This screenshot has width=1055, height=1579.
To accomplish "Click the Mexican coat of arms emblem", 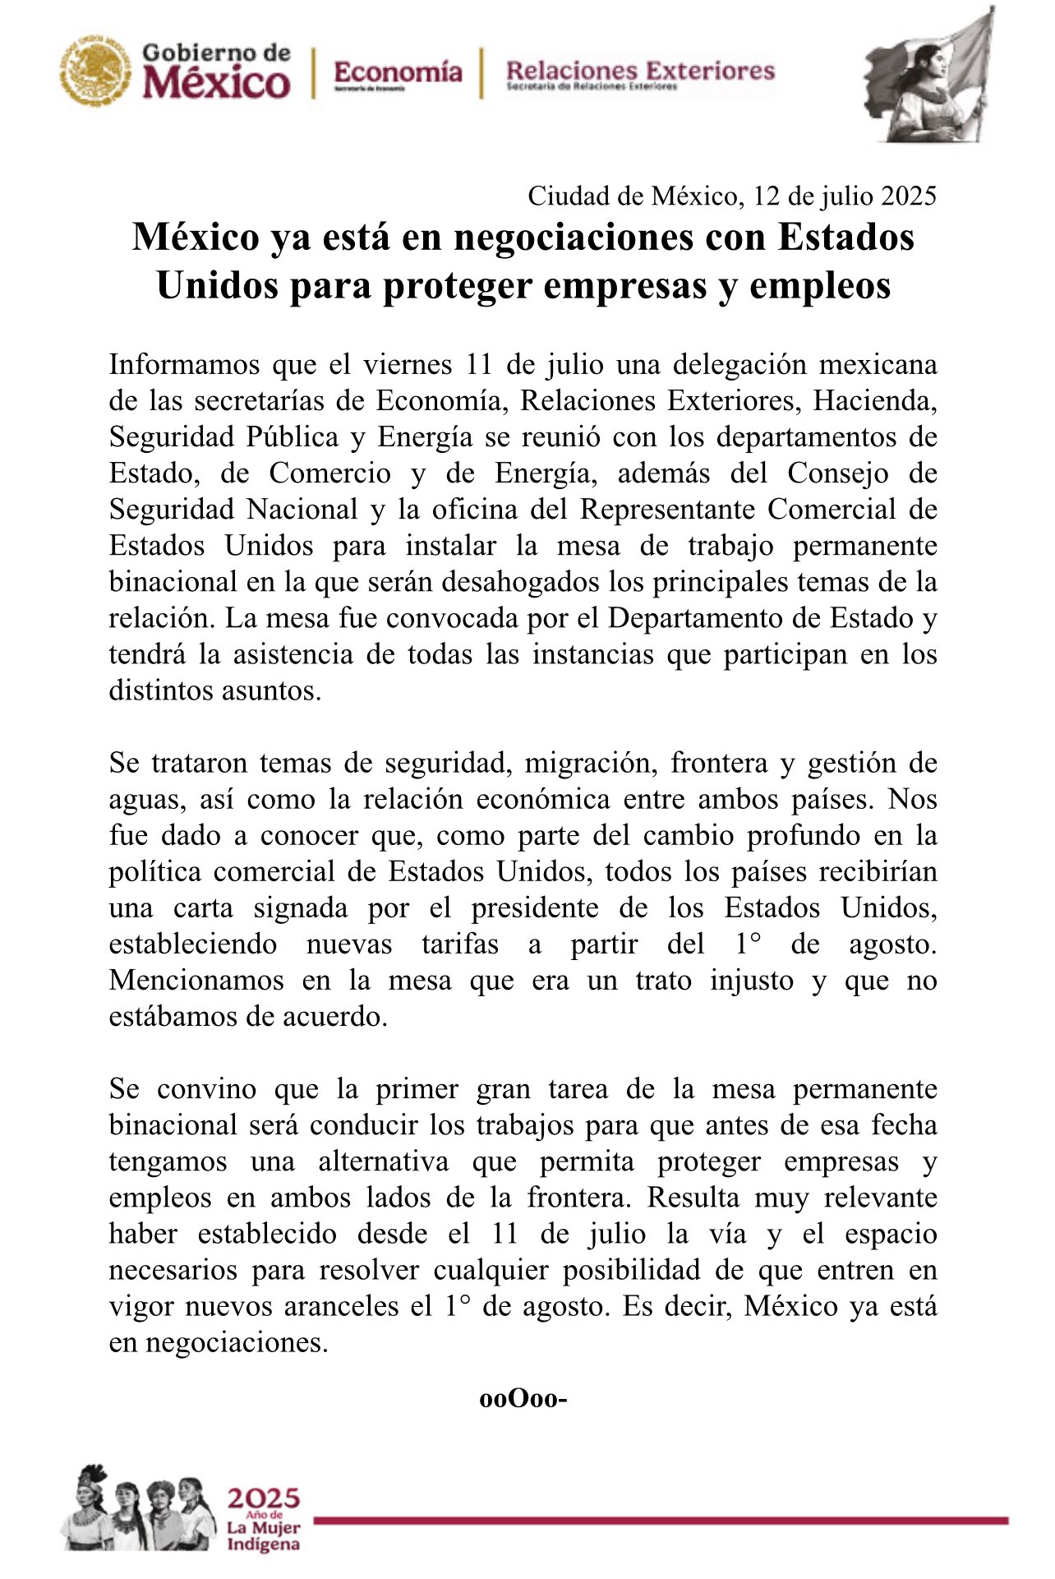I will coord(95,72).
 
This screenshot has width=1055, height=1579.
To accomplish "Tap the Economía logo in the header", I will coord(398,74).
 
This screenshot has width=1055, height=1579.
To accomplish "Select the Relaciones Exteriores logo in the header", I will coord(640,73).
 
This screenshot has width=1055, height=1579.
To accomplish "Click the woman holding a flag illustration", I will coord(928,78).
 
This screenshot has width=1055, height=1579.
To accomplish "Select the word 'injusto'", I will coord(751,980).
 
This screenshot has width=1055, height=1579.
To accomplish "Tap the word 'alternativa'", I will coord(384,1161).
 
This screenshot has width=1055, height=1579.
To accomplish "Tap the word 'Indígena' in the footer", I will coord(263,1544).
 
